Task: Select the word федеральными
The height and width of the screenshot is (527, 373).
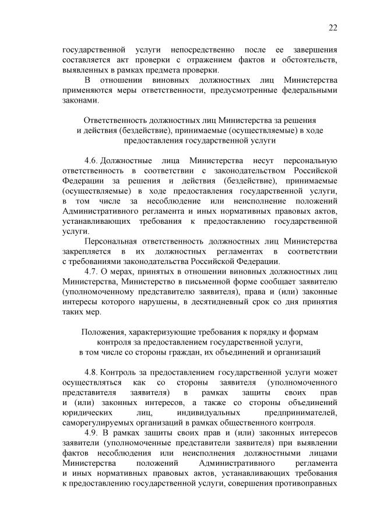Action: pos(308,90)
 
